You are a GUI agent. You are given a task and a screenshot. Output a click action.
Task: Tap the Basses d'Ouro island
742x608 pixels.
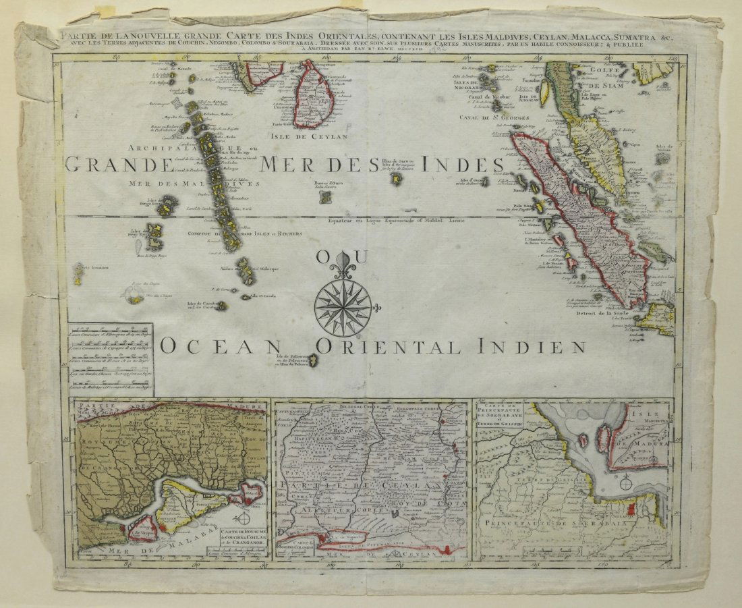pyautogui.click(x=325, y=197)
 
